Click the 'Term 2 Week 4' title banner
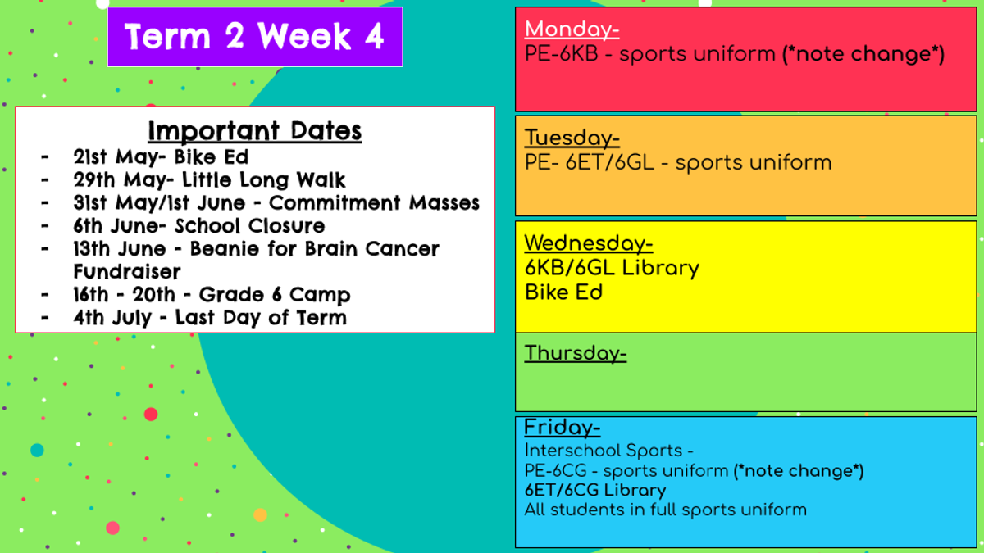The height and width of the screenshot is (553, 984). point(255,37)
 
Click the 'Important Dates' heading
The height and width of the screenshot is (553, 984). point(255,131)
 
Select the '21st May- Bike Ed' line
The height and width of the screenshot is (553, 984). point(161,157)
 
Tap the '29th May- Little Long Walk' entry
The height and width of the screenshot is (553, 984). point(209,180)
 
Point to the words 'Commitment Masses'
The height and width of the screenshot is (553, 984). point(374,203)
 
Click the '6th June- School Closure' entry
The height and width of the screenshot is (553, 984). point(199,226)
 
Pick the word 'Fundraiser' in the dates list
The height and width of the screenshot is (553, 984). point(127,272)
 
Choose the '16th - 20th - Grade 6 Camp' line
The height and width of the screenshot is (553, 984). point(212,294)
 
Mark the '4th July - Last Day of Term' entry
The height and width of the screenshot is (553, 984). point(210,318)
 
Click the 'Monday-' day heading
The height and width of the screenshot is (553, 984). point(572,29)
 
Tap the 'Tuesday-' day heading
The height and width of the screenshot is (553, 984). point(572,138)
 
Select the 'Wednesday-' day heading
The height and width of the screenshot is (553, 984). point(589,243)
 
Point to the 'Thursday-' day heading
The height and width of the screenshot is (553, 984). point(576,353)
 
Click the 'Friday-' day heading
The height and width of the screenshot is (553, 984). point(563,428)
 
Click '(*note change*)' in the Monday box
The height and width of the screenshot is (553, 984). point(863,54)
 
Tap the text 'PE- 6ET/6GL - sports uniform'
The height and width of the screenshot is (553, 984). point(678,163)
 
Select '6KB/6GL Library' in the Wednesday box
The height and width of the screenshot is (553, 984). point(612,268)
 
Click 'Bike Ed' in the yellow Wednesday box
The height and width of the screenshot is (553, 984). point(563,292)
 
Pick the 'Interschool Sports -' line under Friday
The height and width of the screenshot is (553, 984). point(608,451)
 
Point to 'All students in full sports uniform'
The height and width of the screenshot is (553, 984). point(666,510)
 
